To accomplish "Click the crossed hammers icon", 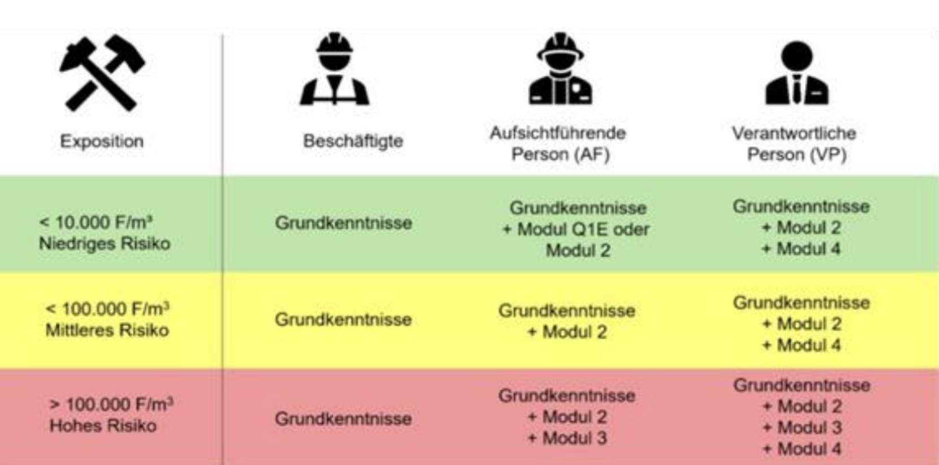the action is pos(102,72).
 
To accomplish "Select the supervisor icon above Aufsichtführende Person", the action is pos(560,69).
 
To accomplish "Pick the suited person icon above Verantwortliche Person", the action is pos(796,73).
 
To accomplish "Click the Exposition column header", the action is pos(102,141).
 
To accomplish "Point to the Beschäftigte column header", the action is pos(353,141).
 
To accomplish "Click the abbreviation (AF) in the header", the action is pos(592,154).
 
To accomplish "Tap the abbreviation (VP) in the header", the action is pos(828,154).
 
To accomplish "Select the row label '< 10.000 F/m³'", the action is pos(96,222).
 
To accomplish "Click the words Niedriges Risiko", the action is pos(105,244).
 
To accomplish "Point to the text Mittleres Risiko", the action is pos(107,330).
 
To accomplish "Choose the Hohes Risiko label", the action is pos(103,425).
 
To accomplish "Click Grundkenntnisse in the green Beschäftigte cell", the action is pos(343,223).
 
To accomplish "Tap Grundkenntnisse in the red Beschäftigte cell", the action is pos(343,419).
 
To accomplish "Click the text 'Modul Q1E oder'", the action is pos(583,229).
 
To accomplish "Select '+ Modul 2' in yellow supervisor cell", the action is pos(567,332).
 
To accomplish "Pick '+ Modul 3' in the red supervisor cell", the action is pos(567,438).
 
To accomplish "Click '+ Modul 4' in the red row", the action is pos(802,449).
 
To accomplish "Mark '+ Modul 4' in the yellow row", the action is pos(802,345).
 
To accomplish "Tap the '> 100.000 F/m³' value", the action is pos(111,404).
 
